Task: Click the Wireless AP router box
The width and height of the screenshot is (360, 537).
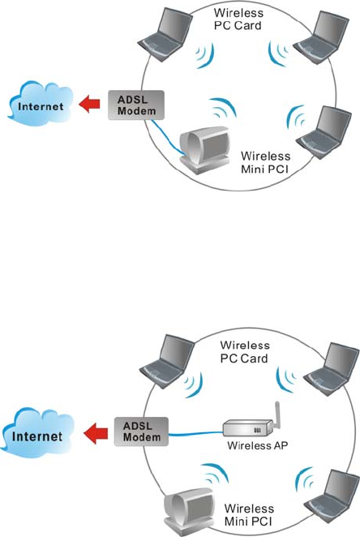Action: (x=248, y=428)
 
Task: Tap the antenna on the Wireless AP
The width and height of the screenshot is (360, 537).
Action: (x=277, y=415)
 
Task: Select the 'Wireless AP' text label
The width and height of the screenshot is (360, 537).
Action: (x=257, y=445)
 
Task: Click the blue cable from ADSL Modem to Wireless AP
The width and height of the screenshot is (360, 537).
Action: (x=195, y=434)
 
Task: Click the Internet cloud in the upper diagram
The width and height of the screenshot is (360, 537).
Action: (x=41, y=103)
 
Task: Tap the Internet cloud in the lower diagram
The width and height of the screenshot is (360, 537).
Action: (x=37, y=432)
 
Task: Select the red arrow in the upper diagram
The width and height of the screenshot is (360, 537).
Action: (x=89, y=104)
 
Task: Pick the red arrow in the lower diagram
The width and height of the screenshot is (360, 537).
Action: (x=96, y=433)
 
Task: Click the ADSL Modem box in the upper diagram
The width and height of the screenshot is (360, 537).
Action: (x=136, y=105)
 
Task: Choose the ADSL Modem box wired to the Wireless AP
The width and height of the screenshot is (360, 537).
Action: (x=141, y=432)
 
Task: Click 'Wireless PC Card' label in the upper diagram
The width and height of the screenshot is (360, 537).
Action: (x=238, y=19)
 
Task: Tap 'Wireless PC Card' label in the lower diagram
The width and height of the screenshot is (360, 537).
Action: (x=245, y=352)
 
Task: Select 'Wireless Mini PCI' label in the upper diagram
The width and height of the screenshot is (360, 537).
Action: (x=266, y=162)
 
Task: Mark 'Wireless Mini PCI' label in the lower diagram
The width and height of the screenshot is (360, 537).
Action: (x=249, y=515)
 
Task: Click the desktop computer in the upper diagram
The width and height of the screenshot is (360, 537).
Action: (x=204, y=149)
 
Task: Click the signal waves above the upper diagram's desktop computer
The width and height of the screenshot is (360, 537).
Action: (x=223, y=108)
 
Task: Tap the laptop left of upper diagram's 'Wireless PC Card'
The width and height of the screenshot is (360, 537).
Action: (x=165, y=34)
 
